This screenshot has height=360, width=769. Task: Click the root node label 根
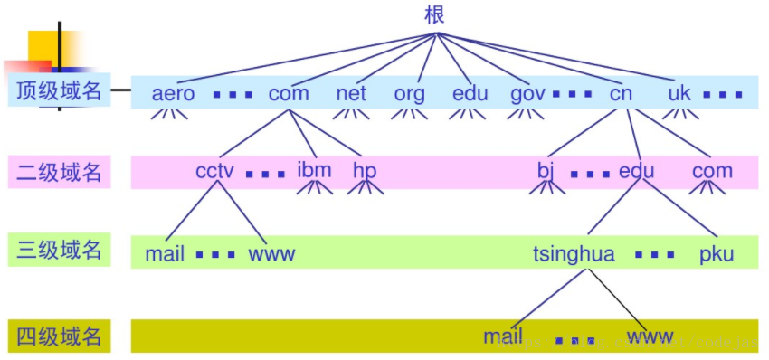click(x=435, y=14)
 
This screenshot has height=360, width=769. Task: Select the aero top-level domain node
click(x=173, y=93)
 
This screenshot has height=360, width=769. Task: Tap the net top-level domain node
click(x=351, y=93)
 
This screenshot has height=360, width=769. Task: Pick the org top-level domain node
click(x=409, y=93)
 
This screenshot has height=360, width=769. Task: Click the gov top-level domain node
click(x=527, y=93)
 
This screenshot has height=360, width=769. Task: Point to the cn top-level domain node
click(x=621, y=93)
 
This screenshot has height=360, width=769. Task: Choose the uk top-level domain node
click(x=679, y=93)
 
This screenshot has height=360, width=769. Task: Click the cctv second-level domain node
click(x=216, y=171)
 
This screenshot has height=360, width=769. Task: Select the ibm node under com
click(x=314, y=170)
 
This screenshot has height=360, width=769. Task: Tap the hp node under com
click(x=365, y=171)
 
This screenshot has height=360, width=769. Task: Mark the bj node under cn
click(x=545, y=171)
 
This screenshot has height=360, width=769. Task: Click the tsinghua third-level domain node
click(x=574, y=254)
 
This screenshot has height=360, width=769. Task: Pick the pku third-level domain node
click(x=717, y=254)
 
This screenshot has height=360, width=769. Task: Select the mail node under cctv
click(x=165, y=254)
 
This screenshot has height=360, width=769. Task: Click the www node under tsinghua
click(x=650, y=337)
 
